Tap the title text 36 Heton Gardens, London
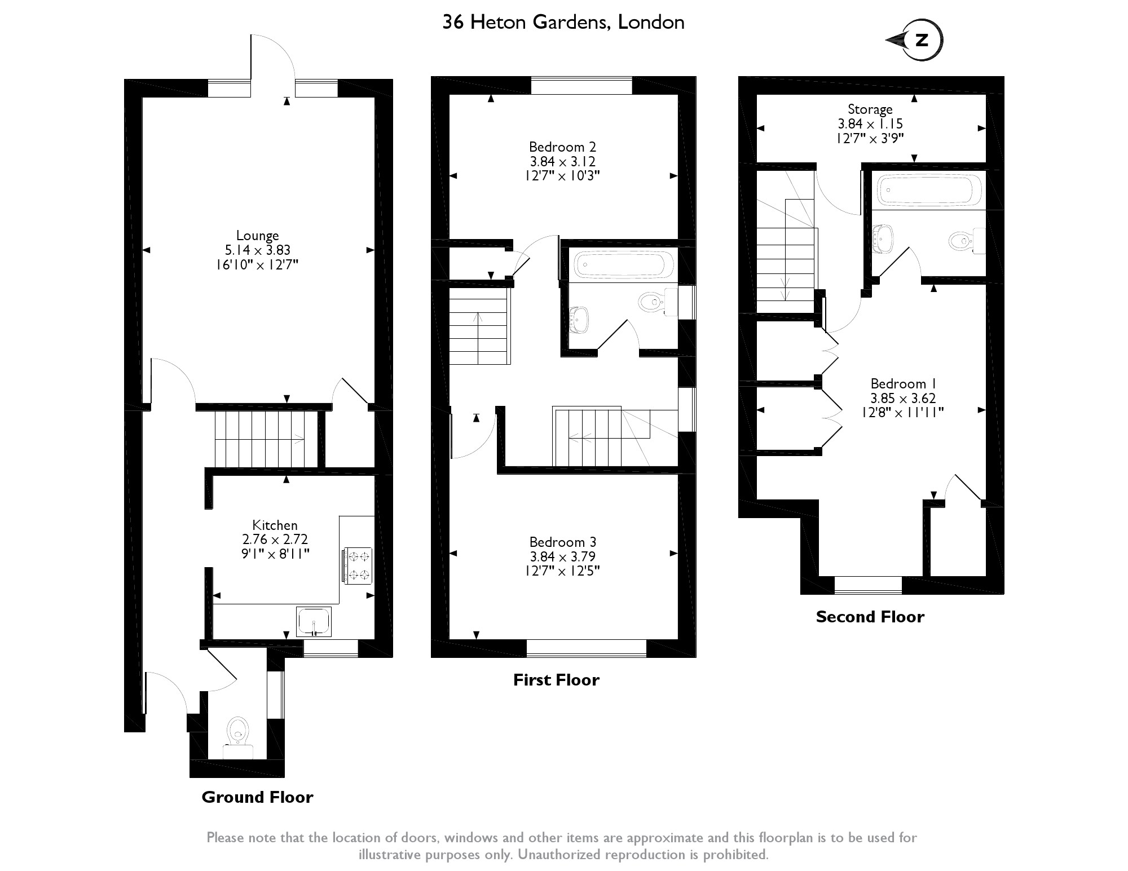tap(563, 23)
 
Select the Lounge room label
tap(257, 236)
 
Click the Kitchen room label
tap(275, 525)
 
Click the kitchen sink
tap(314, 621)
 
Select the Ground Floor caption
tap(257, 797)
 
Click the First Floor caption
tap(556, 680)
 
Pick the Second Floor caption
tap(870, 617)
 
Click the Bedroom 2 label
tap(562, 147)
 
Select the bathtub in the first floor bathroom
tap(623, 264)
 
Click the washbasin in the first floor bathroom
tap(579, 319)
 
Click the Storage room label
tap(870, 109)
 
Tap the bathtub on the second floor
tap(927, 190)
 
